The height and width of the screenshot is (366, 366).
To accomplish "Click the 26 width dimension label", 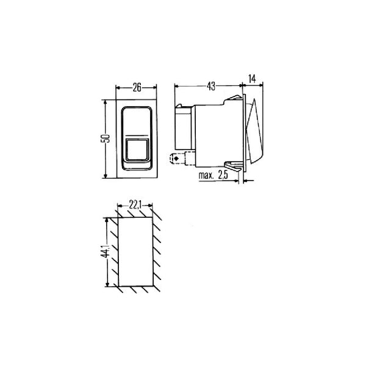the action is point(137,87).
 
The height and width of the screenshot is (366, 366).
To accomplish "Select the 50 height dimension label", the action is point(105,138).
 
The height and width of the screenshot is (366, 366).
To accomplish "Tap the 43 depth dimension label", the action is point(211,87).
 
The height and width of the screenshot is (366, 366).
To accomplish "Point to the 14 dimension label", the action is point(252,79).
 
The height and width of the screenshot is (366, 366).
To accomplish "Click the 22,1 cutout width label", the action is point(135,205).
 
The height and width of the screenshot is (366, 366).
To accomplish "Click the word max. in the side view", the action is point(206,175).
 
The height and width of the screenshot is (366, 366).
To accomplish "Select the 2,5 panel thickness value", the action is point(223,175).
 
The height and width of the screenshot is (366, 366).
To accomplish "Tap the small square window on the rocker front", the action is point(137,150).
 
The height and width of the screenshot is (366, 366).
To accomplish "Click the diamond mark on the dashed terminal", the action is point(176,159).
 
